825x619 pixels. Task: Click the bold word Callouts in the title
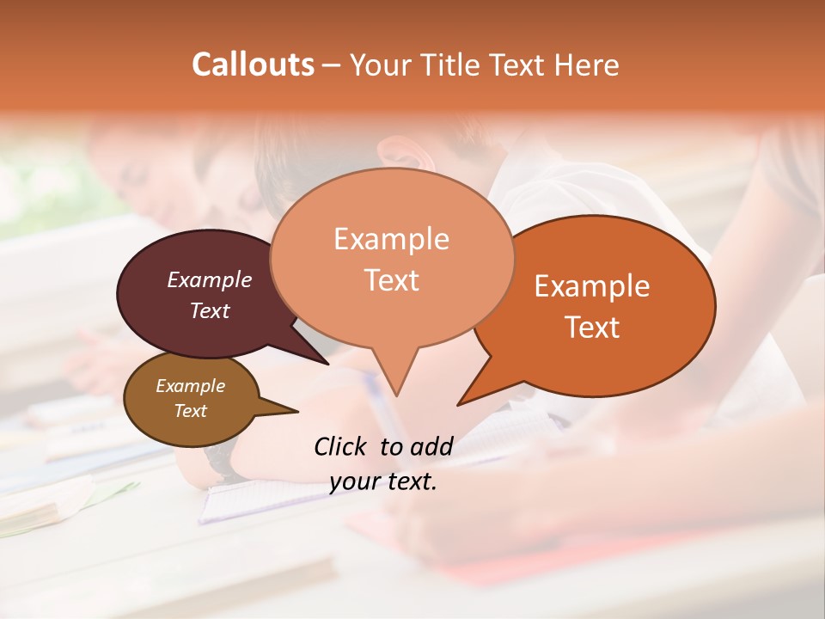(x=253, y=64)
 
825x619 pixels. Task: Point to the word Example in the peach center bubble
(x=391, y=239)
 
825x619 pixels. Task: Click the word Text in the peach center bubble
(x=391, y=280)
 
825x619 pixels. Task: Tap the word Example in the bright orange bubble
(x=592, y=286)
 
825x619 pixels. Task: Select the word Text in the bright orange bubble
(x=592, y=328)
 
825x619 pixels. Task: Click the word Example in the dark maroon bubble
(x=210, y=279)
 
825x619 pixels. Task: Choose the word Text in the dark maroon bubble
(x=210, y=310)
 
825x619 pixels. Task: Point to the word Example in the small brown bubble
(x=190, y=386)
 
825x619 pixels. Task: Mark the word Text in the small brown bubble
(x=190, y=411)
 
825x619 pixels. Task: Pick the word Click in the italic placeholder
(x=342, y=446)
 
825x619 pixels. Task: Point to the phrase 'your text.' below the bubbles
(x=383, y=481)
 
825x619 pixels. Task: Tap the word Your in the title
(x=383, y=64)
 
